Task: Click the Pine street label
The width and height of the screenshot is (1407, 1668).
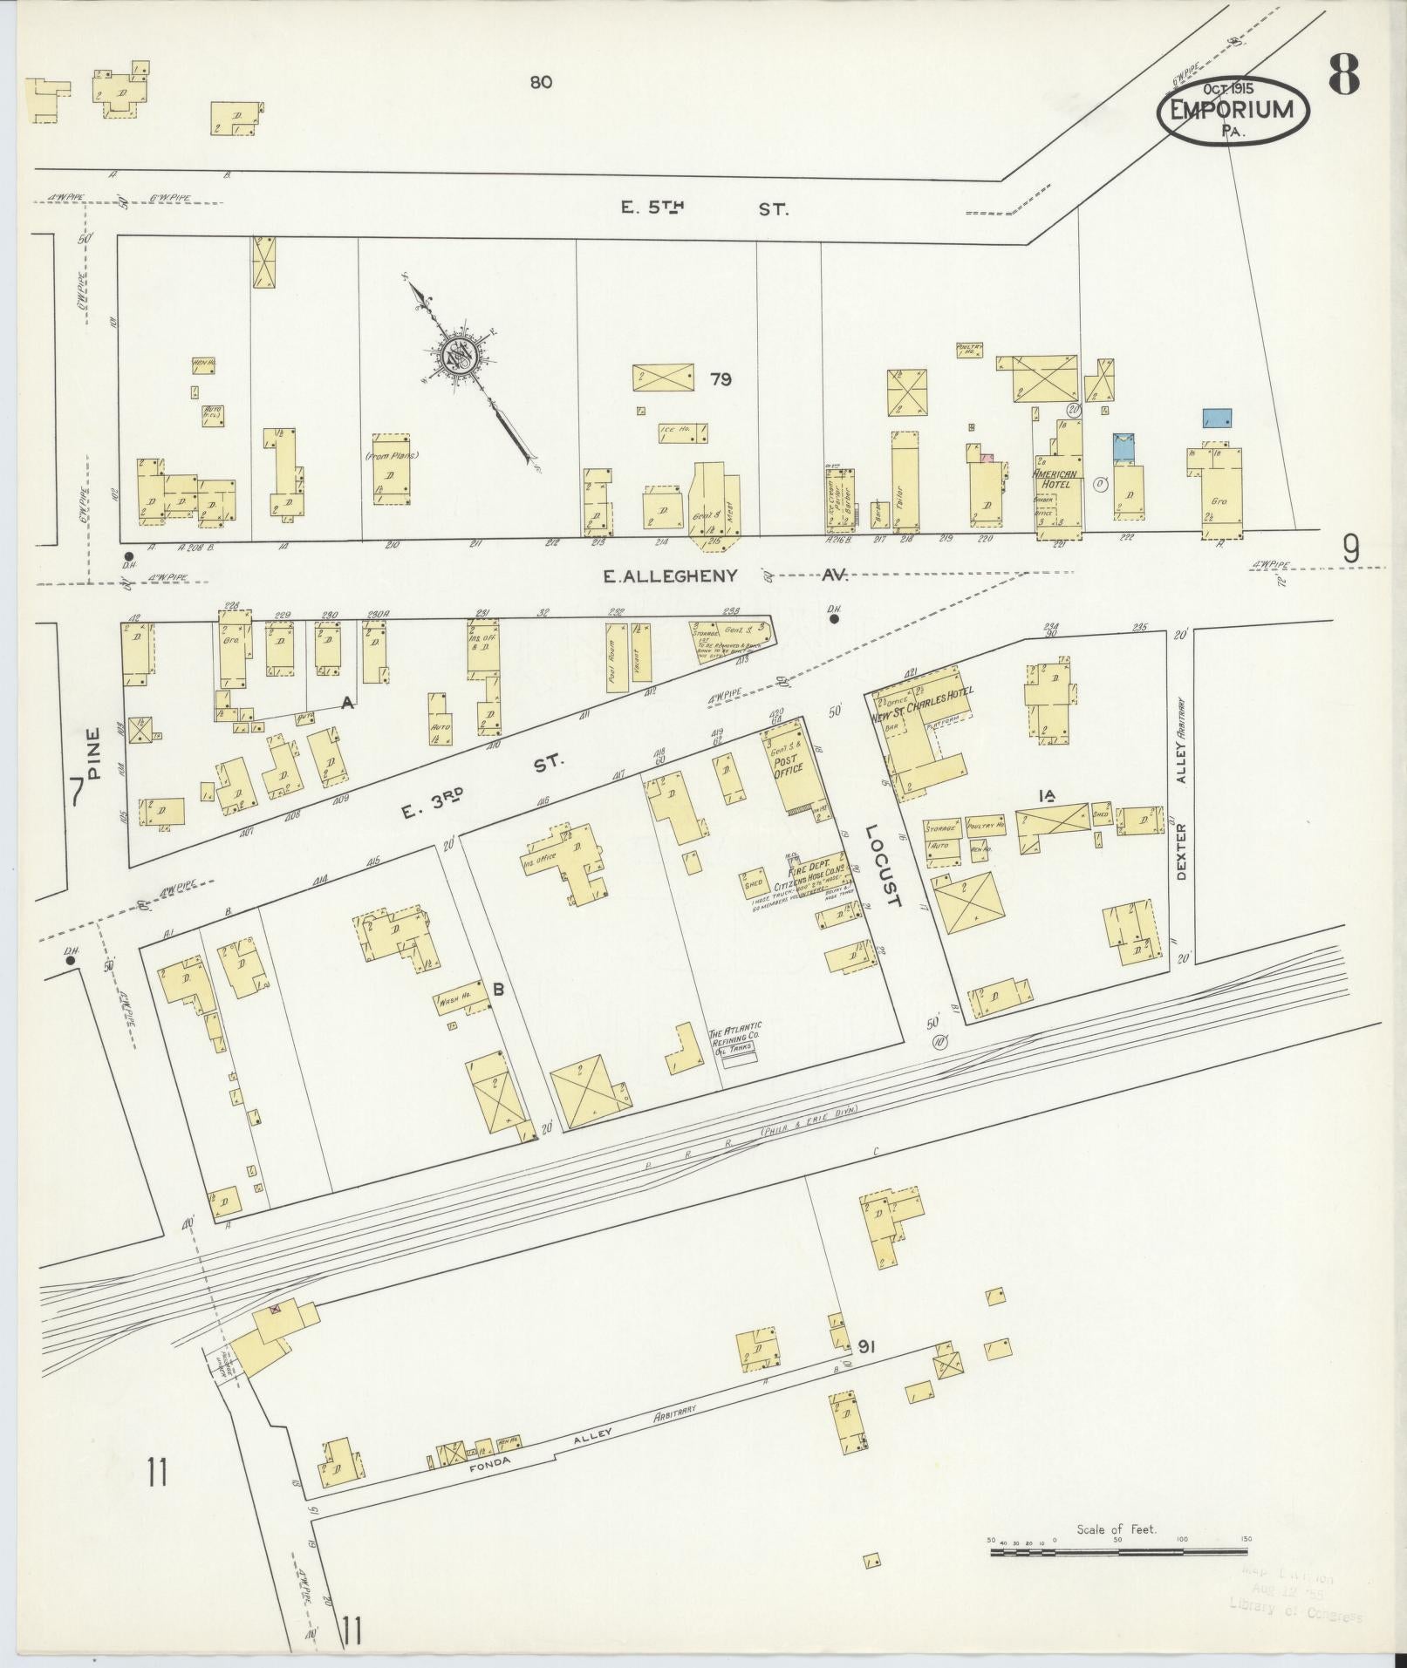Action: point(96,752)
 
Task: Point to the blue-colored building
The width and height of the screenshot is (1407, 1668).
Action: point(1216,418)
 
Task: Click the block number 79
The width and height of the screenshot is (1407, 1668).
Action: point(720,379)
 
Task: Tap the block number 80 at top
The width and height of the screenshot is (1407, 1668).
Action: point(540,83)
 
